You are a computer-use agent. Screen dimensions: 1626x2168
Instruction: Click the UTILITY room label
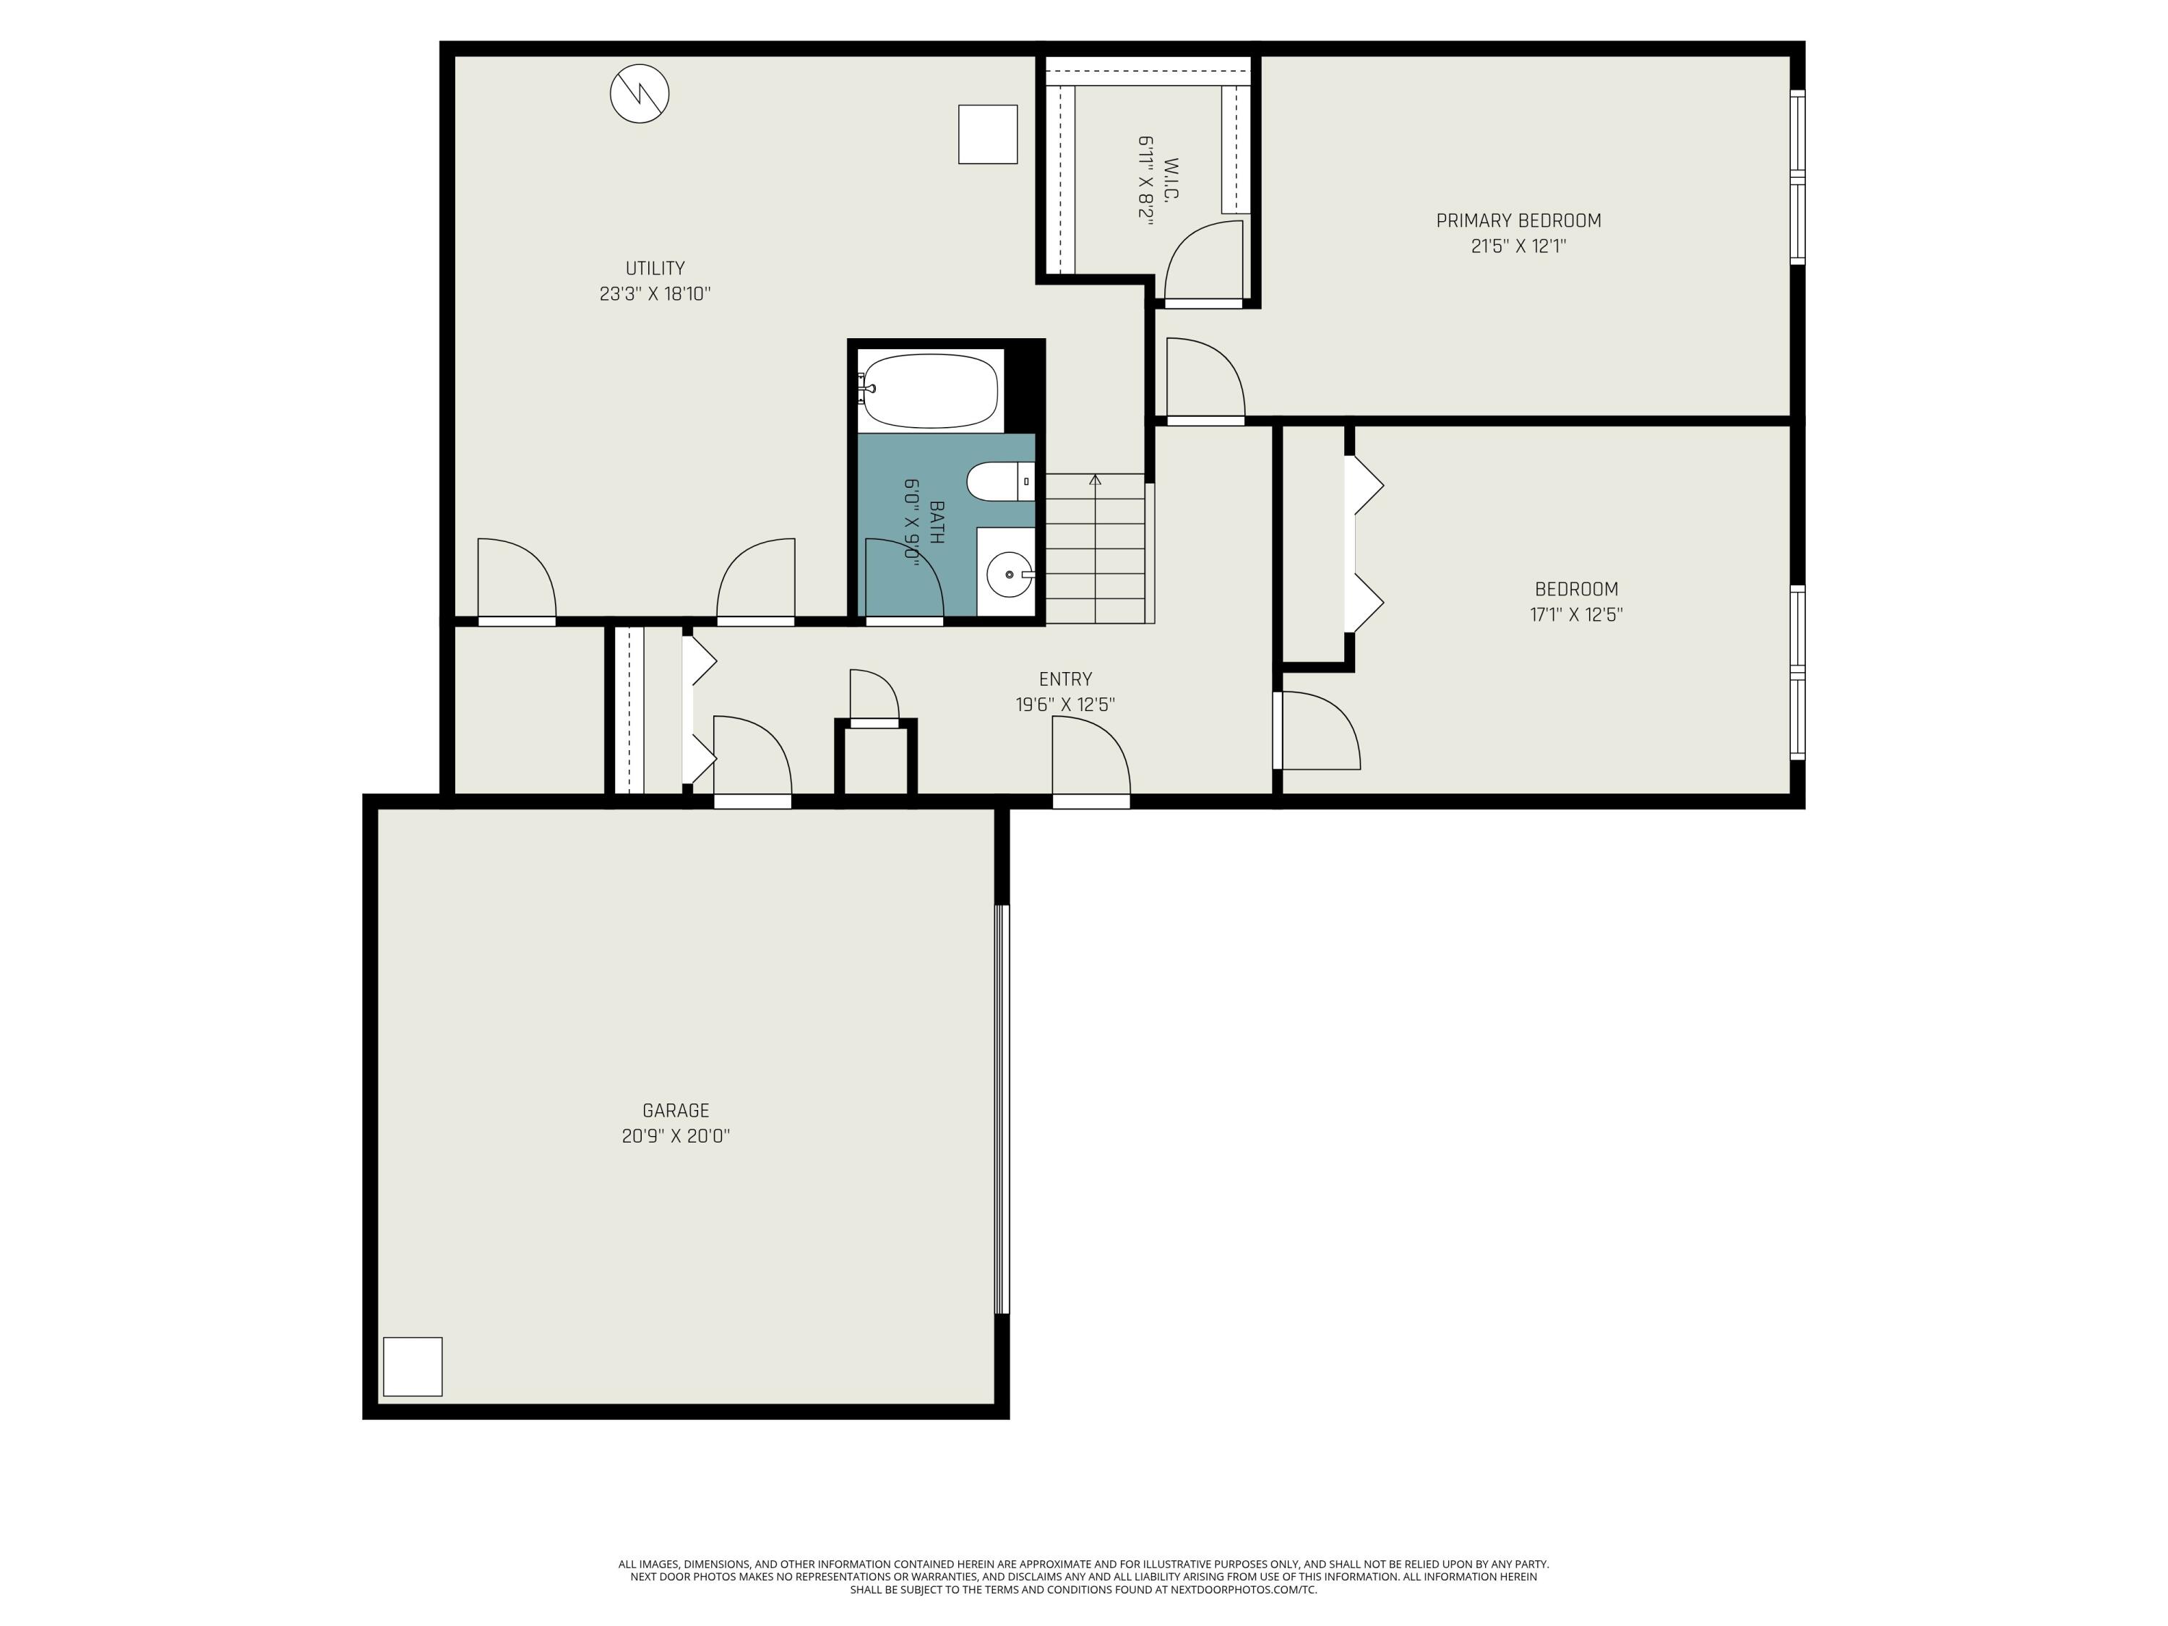(655, 267)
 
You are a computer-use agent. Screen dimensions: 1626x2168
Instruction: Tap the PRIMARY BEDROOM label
(1518, 220)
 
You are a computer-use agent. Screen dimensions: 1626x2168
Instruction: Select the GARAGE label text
(675, 1111)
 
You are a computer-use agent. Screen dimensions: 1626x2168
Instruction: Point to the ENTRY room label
(1065, 679)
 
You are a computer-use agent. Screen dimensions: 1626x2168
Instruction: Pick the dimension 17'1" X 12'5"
(1576, 614)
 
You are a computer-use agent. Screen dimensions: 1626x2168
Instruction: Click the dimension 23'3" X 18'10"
(655, 293)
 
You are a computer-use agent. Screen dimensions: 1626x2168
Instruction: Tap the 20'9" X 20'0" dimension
(675, 1136)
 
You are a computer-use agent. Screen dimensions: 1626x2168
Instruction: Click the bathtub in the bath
(930, 390)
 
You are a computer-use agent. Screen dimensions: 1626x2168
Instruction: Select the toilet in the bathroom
(998, 481)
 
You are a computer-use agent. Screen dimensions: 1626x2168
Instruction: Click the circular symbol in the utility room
(639, 94)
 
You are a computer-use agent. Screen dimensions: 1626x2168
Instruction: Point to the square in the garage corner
(413, 1367)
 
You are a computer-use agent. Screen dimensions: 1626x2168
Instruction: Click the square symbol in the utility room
(987, 134)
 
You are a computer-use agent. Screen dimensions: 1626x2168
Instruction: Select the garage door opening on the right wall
(1002, 1109)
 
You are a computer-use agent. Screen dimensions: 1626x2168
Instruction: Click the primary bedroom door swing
(1203, 380)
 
